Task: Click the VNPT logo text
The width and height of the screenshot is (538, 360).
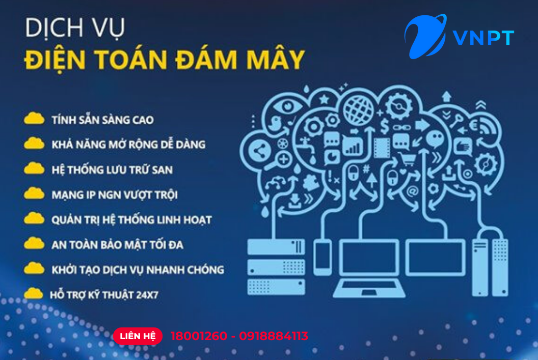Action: pyautogui.click(x=483, y=37)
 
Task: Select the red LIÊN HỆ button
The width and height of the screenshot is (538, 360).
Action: pyautogui.click(x=138, y=336)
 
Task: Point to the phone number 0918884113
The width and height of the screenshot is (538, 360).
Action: pyautogui.click(x=274, y=336)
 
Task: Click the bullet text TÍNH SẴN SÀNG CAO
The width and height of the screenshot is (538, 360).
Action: pyautogui.click(x=102, y=120)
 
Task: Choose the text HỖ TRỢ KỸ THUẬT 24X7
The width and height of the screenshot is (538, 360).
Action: pyautogui.click(x=104, y=294)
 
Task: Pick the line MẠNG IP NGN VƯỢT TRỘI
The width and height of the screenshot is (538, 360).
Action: pyautogui.click(x=115, y=195)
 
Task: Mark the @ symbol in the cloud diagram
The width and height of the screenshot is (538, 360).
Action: pyautogui.click(x=412, y=191)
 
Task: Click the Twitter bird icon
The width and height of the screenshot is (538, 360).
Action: pyautogui.click(x=277, y=123)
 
